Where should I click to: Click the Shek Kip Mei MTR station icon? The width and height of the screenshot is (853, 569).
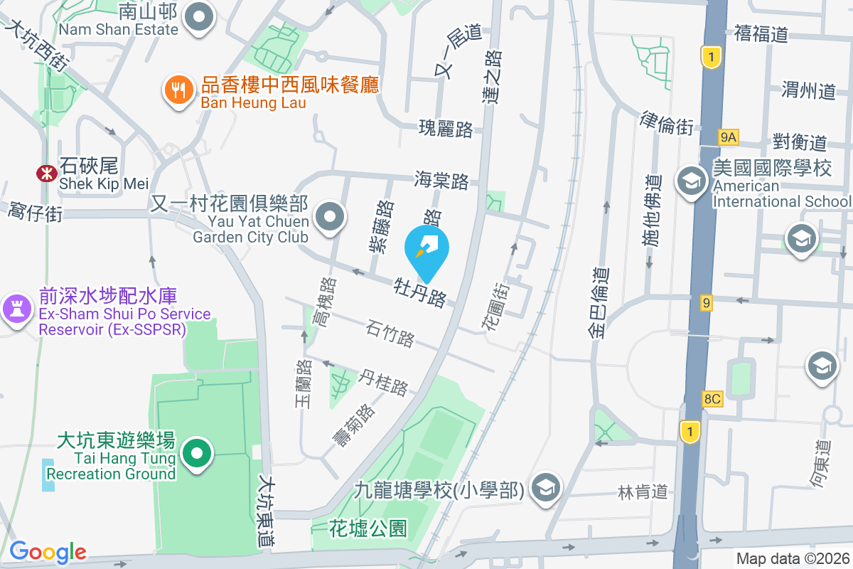click(47, 173)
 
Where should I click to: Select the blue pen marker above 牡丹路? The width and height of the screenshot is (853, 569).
click(426, 250)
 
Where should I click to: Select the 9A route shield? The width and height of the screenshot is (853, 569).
click(729, 137)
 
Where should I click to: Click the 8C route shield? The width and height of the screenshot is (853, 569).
click(712, 399)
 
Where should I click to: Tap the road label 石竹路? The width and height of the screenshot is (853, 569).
click(390, 333)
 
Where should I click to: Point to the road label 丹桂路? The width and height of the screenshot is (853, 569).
click(384, 382)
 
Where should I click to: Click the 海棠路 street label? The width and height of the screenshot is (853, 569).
click(441, 180)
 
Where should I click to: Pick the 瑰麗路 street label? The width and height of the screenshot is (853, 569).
click(446, 129)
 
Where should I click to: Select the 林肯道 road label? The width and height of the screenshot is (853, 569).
click(643, 491)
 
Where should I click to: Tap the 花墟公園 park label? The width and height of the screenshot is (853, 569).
click(368, 528)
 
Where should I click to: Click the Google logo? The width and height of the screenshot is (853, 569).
click(48, 551)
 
